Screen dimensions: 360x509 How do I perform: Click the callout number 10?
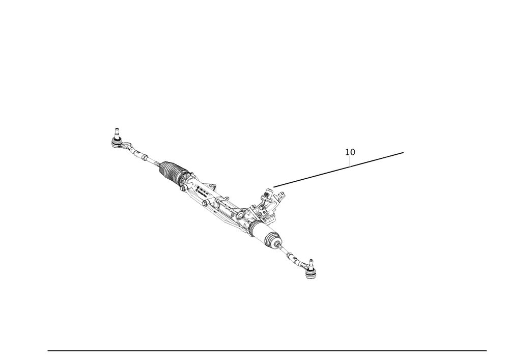[351, 152]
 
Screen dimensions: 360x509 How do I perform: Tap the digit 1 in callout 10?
[348, 152]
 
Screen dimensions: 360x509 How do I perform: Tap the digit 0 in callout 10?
[353, 152]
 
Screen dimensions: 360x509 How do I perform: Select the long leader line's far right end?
[405, 151]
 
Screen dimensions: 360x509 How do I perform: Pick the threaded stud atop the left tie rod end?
[117, 129]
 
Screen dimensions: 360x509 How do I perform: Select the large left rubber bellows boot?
[171, 173]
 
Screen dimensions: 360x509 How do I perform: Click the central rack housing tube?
[219, 201]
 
